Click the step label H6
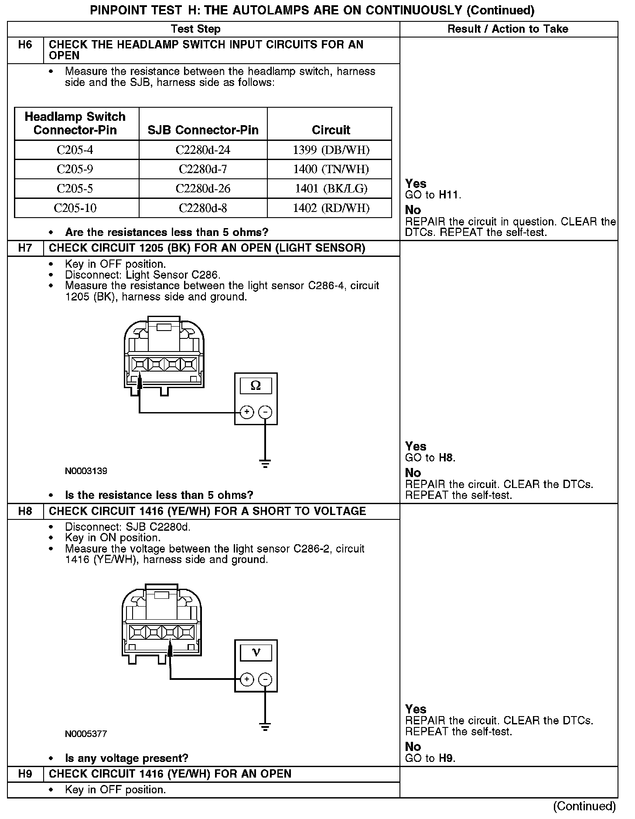(25, 45)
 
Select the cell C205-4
(75, 150)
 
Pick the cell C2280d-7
(203, 169)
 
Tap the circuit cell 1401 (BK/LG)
(331, 188)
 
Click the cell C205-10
(75, 208)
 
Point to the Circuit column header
(331, 130)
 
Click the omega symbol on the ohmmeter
(256, 386)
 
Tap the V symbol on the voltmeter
(256, 652)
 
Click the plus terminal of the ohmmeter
(247, 412)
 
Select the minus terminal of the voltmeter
(265, 679)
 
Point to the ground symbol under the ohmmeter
(265, 463)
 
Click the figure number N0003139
(86, 471)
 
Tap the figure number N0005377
(86, 734)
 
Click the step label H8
(25, 511)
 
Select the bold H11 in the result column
(450, 195)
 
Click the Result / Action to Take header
(508, 29)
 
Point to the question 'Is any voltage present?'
(126, 758)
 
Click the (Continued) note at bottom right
(584, 806)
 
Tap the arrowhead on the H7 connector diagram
(140, 382)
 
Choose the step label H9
(25, 774)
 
